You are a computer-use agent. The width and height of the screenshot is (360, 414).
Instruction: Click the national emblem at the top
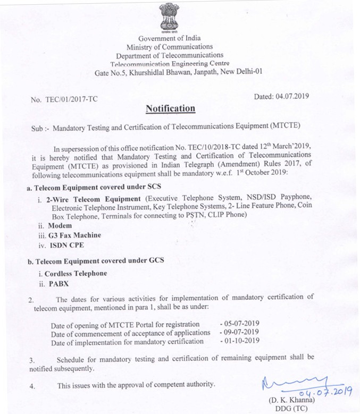tap(170, 18)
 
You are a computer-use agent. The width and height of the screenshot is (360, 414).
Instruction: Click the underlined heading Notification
tap(171, 108)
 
